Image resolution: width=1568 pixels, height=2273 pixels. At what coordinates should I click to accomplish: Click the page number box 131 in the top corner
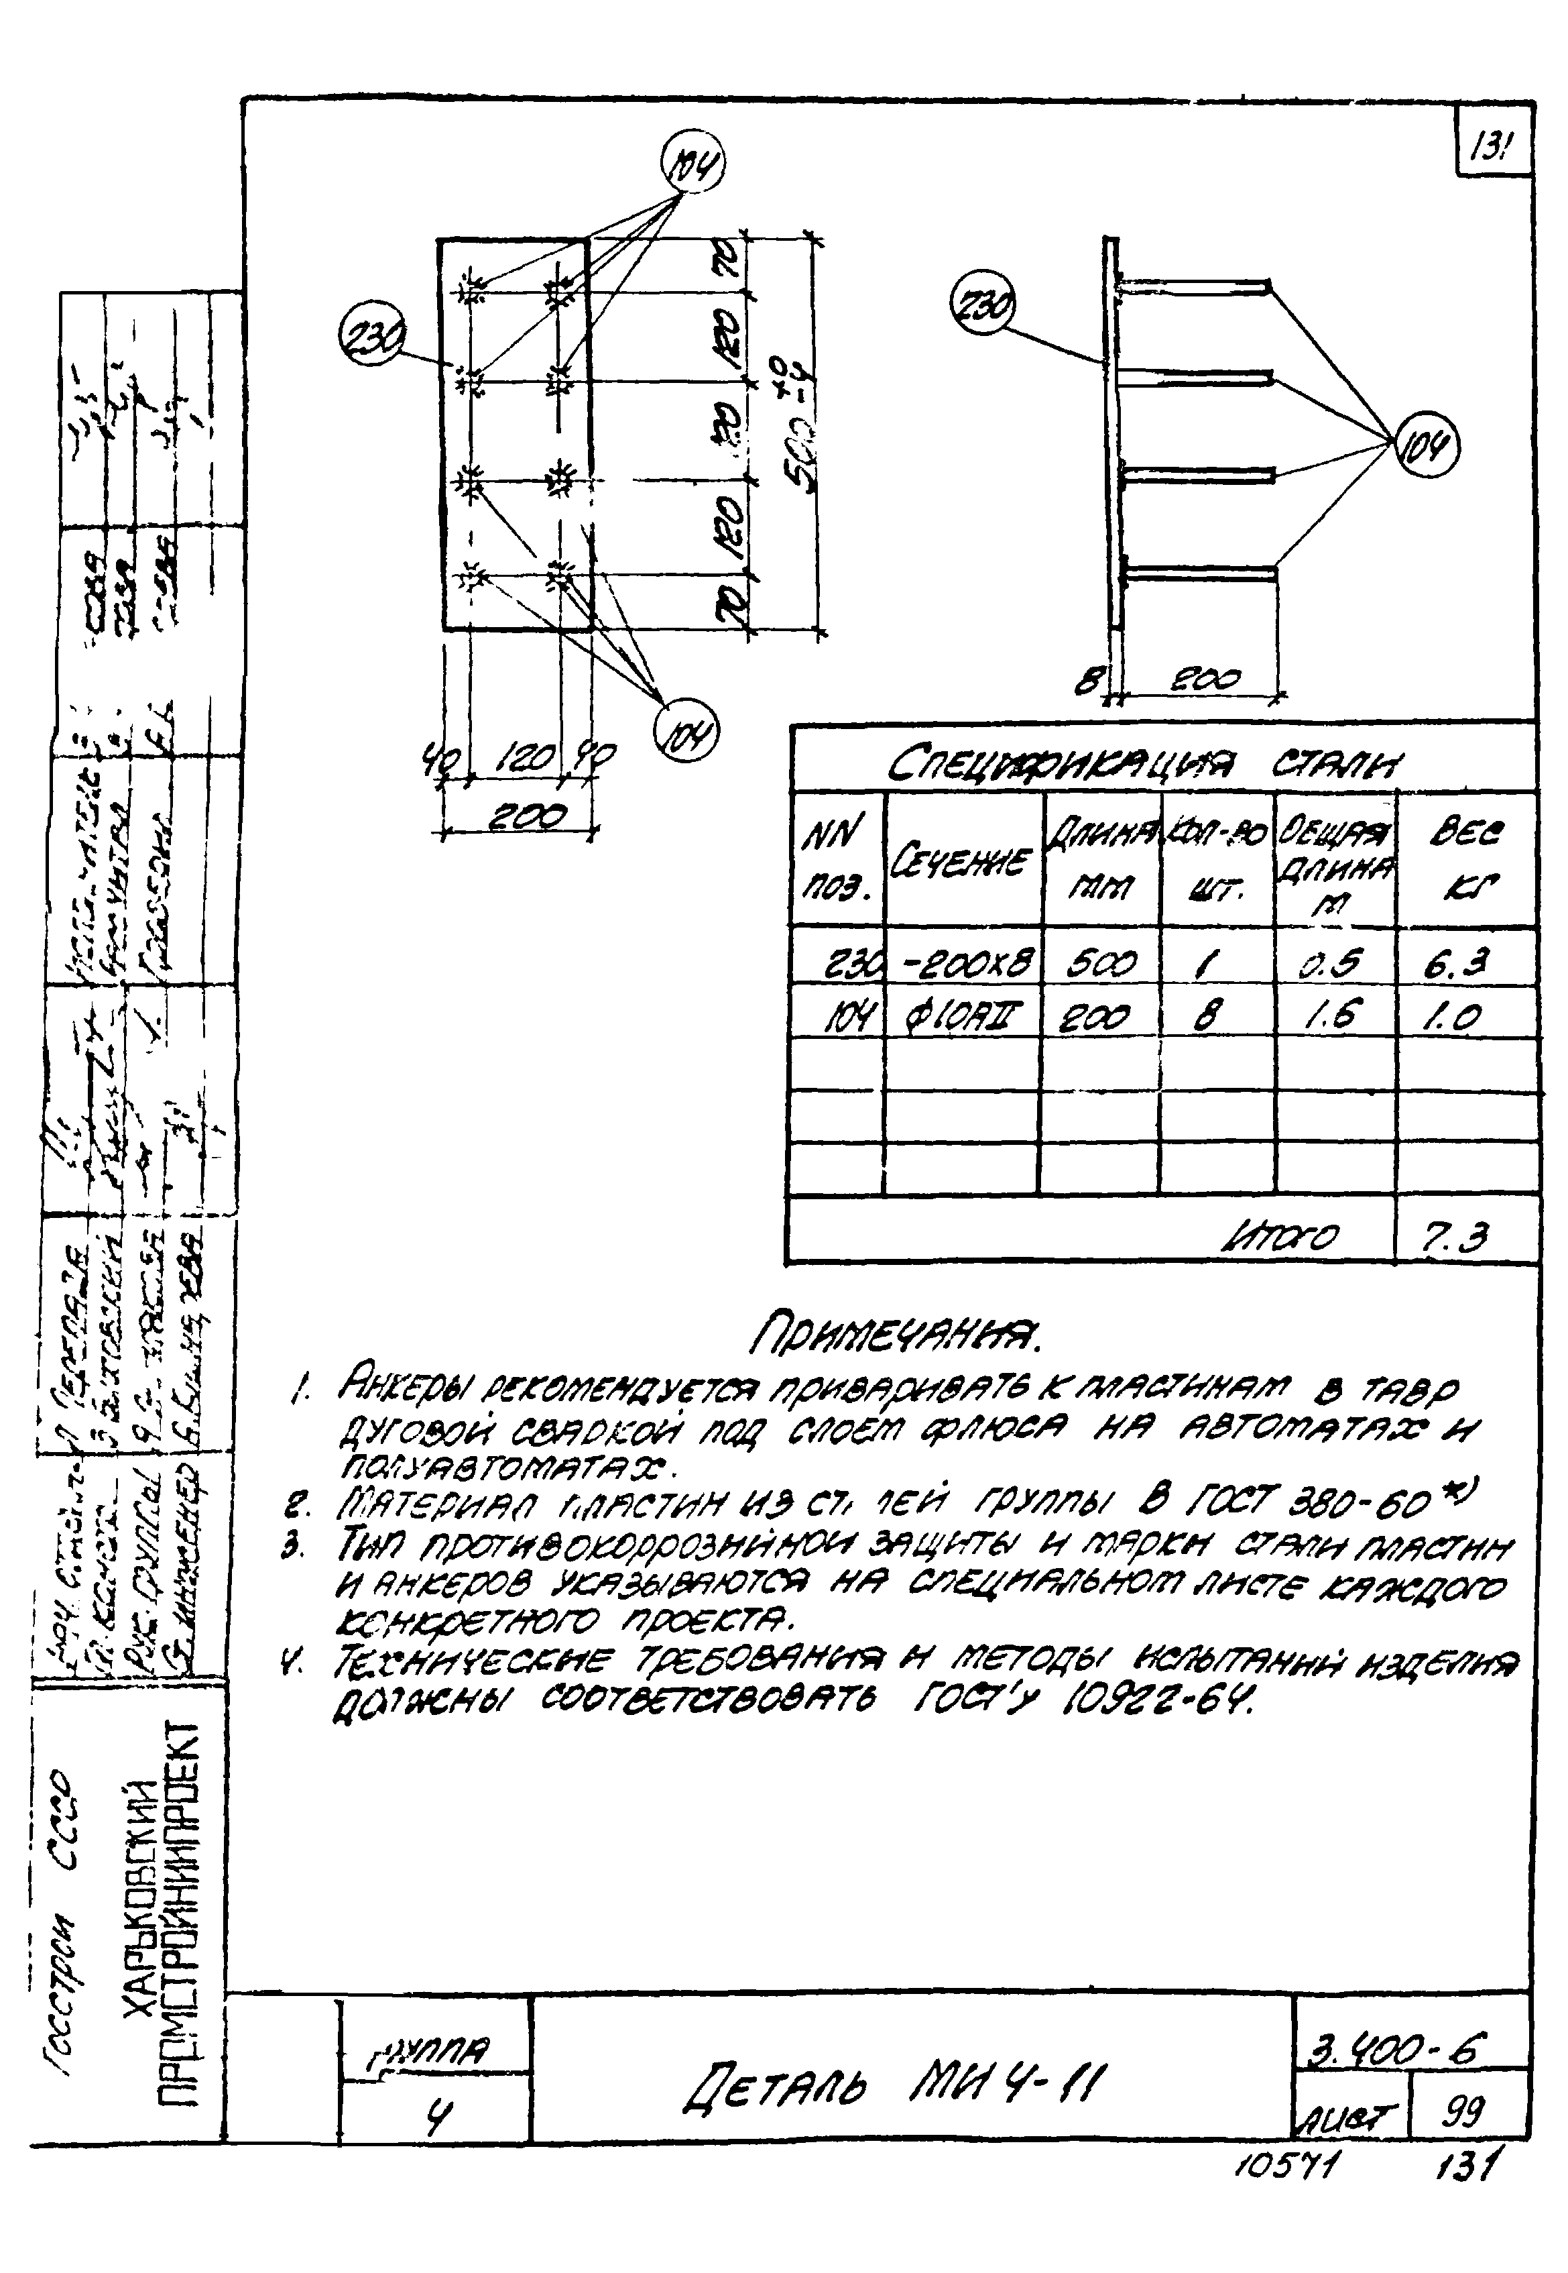pyautogui.click(x=1492, y=150)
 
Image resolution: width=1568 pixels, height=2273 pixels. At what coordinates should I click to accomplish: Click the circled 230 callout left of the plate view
pyautogui.click(x=371, y=337)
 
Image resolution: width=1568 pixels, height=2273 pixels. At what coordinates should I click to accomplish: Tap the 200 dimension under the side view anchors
pyautogui.click(x=1207, y=678)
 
